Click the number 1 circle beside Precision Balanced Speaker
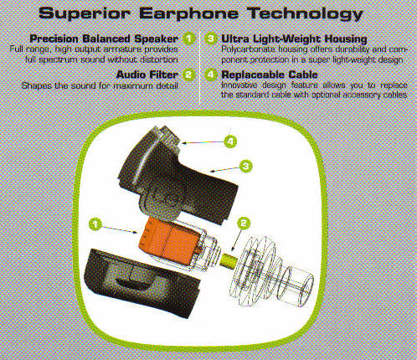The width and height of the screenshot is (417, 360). pyautogui.click(x=189, y=39)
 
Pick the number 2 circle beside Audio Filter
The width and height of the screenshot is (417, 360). pyautogui.click(x=189, y=75)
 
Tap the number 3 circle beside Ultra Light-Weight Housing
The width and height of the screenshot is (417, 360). pyautogui.click(x=211, y=39)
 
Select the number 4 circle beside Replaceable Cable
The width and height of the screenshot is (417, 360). pyautogui.click(x=211, y=75)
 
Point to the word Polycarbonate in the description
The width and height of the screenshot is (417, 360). pyautogui.click(x=249, y=50)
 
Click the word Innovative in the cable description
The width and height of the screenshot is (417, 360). pyautogui.click(x=243, y=85)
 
